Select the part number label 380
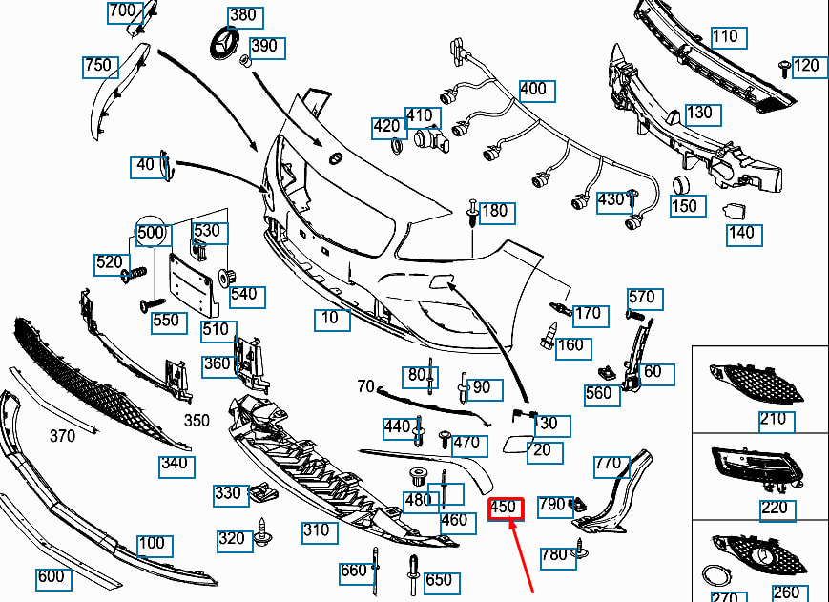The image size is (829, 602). (x=244, y=16)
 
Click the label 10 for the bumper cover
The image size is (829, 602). (x=330, y=318)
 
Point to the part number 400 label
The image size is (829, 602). (x=533, y=89)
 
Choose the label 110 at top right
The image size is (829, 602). (x=725, y=37)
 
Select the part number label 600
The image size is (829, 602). (x=51, y=577)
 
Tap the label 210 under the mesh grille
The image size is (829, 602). (x=773, y=419)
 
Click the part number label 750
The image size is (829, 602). (x=98, y=66)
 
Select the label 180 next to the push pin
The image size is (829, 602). (x=494, y=211)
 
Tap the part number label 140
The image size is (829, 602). (x=740, y=232)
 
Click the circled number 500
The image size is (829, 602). (x=151, y=233)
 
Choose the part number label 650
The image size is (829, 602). (x=438, y=580)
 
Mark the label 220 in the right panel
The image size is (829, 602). (x=775, y=508)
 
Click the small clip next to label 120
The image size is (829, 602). (x=783, y=68)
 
